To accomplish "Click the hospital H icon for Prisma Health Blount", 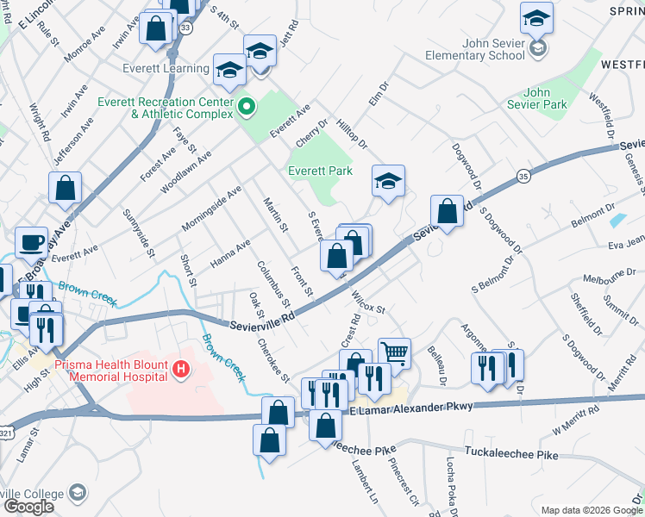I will point(180,371).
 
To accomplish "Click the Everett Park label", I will point(320,171).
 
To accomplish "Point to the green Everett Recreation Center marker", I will point(247,108).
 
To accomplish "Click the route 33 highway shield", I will point(186,28).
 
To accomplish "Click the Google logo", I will point(28,507).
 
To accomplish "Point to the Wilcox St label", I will point(367,301).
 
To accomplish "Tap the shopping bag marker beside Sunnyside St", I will point(65,187).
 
